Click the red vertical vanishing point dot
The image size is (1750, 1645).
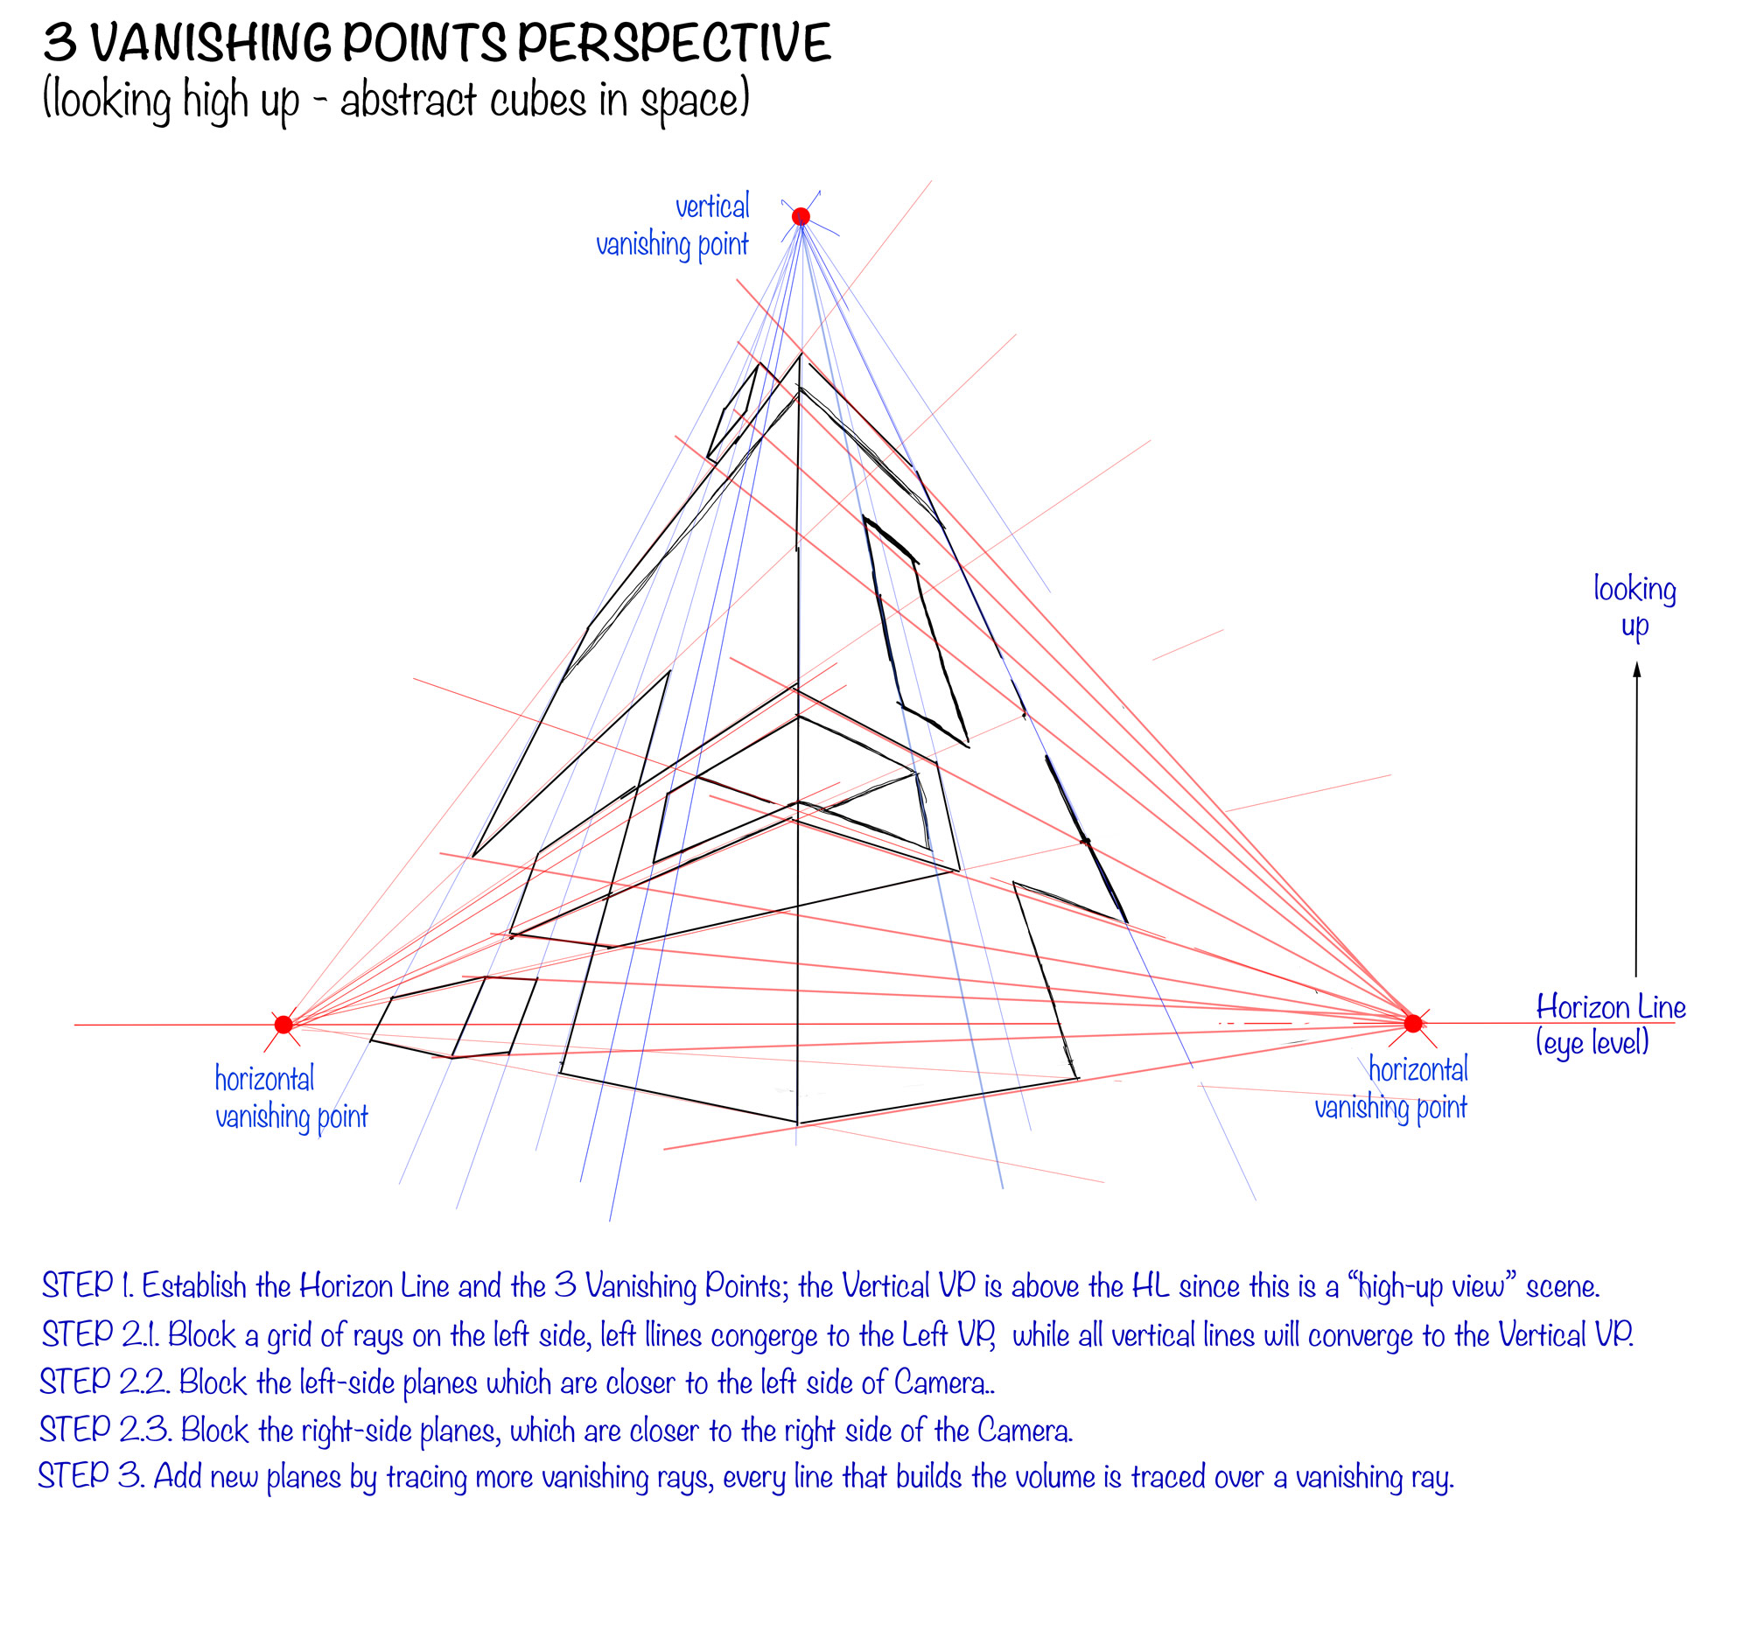pyautogui.click(x=800, y=216)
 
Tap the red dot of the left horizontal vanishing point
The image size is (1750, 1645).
pyautogui.click(x=283, y=1024)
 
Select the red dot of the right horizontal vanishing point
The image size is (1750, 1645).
pyautogui.click(x=1413, y=1023)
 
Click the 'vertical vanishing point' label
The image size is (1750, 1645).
pyautogui.click(x=674, y=226)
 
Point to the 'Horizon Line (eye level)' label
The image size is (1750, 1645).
pyautogui.click(x=1609, y=1024)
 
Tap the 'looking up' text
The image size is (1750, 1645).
pyautogui.click(x=1634, y=606)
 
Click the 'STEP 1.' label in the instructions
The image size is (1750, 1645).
pyautogui.click(x=87, y=1285)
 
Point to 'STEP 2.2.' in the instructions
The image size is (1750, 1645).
pyautogui.click(x=104, y=1381)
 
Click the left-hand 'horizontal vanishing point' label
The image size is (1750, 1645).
pyautogui.click(x=290, y=1096)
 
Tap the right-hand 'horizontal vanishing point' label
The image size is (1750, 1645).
pyautogui.click(x=1391, y=1088)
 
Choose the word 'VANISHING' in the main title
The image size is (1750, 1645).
pyautogui.click(x=209, y=44)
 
